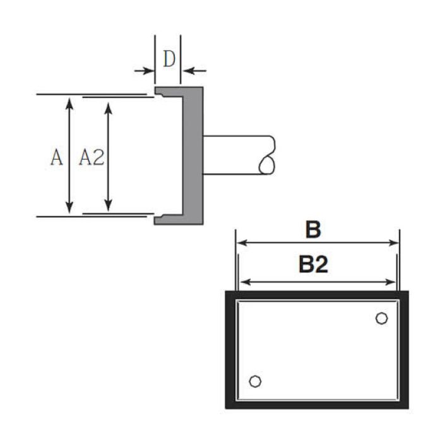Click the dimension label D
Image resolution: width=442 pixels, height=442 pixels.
pos(169,59)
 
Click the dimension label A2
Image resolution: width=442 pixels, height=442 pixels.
pos(92,157)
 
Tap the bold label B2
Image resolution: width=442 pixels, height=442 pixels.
pos(313,265)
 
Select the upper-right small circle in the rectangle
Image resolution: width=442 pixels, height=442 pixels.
pos(381,318)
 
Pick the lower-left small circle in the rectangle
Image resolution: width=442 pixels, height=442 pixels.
pos(255,381)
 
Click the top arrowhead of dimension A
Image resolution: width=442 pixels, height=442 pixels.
pos(69,104)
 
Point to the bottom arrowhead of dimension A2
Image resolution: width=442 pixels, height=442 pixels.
pos(108,205)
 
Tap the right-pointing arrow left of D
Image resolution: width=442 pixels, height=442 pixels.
pos(145,71)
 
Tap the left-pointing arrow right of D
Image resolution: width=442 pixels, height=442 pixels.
pos(194,71)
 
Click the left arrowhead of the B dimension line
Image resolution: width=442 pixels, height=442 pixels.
pos(242,242)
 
